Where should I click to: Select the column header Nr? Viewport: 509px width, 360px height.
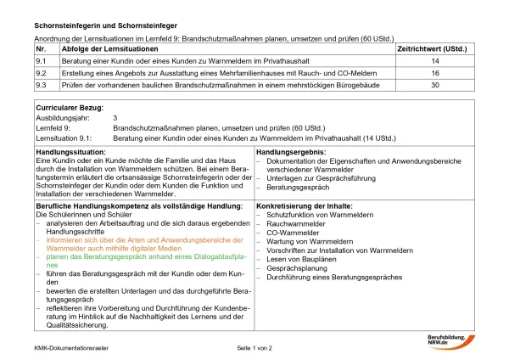pos(40,49)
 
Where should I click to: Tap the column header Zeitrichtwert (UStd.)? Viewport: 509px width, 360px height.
pos(434,49)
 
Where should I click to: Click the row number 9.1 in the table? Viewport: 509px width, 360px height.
pos(40,62)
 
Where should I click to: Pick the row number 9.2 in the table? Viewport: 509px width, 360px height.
pos(40,74)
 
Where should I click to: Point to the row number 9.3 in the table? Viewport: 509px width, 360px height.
pos(40,86)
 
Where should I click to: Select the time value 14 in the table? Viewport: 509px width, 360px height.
pos(435,62)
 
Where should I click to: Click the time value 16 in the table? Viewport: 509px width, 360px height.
pos(435,74)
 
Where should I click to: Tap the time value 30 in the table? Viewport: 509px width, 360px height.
pos(435,86)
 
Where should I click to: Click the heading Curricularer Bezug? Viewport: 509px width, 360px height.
pos(70,109)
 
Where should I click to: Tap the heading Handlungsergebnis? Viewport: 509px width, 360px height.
pos(290,151)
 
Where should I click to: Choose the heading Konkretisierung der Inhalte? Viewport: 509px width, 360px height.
pos(304,207)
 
